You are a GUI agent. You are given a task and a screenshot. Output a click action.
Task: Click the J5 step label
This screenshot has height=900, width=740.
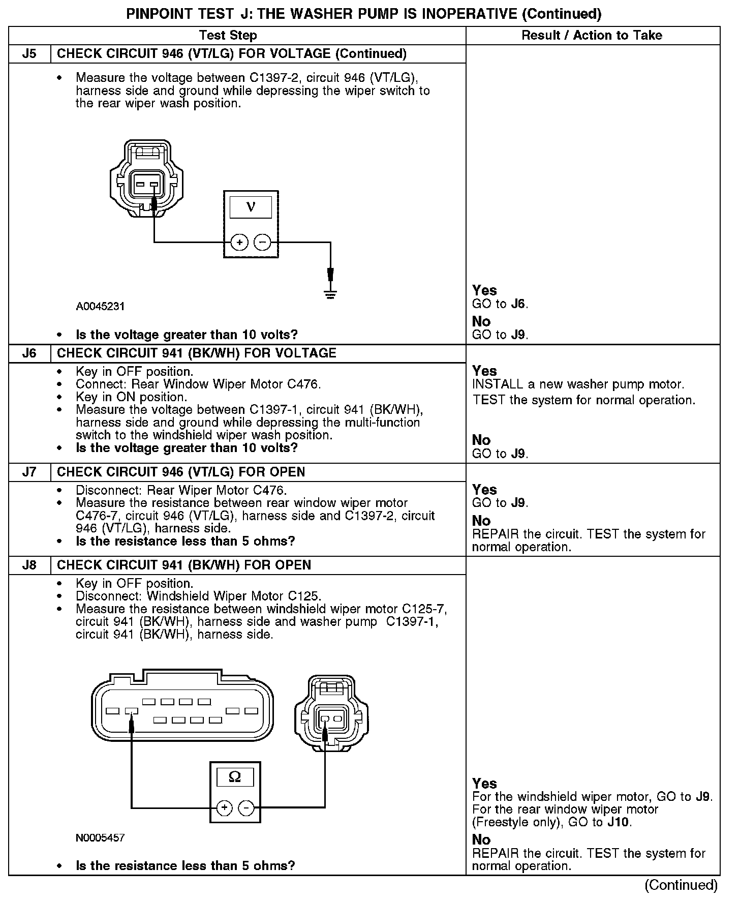[29, 54]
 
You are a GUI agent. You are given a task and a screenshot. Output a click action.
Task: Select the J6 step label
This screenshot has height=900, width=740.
[29, 353]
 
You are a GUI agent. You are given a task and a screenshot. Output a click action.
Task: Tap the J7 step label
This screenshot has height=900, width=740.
[29, 472]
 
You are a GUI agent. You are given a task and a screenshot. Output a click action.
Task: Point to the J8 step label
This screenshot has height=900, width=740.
[29, 565]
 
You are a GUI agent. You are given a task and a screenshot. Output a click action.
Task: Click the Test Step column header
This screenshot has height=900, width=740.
[228, 35]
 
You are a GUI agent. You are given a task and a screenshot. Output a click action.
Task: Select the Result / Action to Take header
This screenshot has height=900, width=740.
[592, 35]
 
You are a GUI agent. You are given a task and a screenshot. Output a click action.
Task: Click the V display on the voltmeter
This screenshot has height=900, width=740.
[251, 207]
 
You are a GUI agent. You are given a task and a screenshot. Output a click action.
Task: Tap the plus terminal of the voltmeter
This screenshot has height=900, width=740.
[239, 242]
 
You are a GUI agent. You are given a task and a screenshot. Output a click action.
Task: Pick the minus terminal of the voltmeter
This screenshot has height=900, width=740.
[262, 242]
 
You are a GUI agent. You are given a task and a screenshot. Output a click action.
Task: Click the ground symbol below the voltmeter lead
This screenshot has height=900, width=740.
[330, 294]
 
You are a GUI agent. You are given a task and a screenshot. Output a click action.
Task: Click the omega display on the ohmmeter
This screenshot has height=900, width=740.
[235, 777]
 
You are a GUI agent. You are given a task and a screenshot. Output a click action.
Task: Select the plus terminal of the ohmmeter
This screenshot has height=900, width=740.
[224, 807]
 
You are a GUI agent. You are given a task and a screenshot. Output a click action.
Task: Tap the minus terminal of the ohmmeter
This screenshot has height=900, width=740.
[246, 807]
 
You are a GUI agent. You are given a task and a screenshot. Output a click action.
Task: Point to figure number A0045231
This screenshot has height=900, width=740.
[100, 307]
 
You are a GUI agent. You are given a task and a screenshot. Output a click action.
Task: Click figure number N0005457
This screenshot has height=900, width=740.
[100, 838]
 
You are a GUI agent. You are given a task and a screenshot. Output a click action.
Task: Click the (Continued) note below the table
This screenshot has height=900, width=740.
[681, 885]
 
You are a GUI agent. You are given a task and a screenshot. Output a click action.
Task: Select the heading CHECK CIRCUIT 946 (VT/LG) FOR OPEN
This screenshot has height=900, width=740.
[181, 472]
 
